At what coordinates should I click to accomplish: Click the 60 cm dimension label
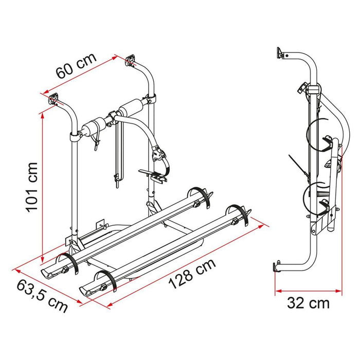point(76,66)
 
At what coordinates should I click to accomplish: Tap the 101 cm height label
point(31,188)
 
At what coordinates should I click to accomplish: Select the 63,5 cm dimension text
point(42,296)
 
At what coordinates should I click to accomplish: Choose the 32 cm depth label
point(309,303)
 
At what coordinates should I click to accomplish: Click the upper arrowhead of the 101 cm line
point(42,116)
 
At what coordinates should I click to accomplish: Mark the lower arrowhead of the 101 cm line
point(42,260)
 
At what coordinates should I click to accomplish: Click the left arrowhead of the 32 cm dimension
point(278,292)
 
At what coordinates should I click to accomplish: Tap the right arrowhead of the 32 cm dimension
point(338,292)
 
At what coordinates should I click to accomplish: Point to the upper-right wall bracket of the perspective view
point(130,60)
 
